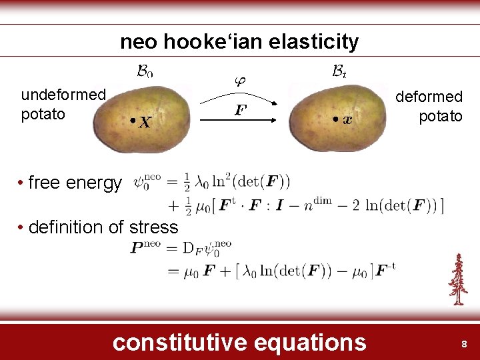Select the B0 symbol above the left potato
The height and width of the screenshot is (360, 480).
pos(145,70)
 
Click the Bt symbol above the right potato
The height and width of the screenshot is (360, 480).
pos(339,70)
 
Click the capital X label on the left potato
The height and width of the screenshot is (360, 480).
pos(145,123)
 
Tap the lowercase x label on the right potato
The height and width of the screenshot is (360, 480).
pos(347,121)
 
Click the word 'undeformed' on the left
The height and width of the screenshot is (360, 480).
pos(63,95)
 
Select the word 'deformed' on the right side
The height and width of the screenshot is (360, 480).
pos(429,97)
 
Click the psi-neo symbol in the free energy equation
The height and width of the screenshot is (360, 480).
pos(147,181)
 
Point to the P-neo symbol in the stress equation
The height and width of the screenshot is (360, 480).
pos(147,247)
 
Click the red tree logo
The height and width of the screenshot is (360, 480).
pos(457,279)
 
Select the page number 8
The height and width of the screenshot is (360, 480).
pos(464,344)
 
